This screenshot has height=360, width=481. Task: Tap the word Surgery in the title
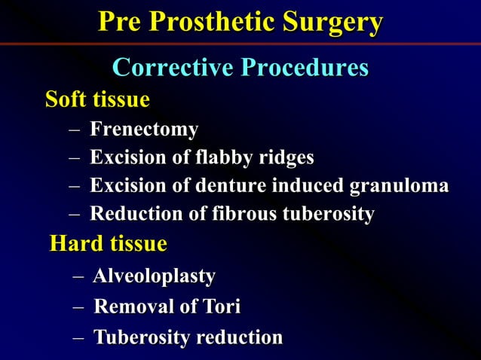tap(332, 23)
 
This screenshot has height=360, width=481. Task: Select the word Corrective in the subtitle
tap(172, 68)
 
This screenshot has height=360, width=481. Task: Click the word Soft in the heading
tap(64, 99)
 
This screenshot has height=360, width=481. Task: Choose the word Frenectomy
tap(144, 130)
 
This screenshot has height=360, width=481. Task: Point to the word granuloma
tap(399, 186)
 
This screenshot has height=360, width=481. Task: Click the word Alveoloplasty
tap(154, 276)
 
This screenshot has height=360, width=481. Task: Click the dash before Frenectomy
tap(74, 130)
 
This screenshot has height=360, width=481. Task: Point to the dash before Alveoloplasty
tap(78, 277)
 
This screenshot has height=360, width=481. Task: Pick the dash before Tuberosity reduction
tap(78, 338)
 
